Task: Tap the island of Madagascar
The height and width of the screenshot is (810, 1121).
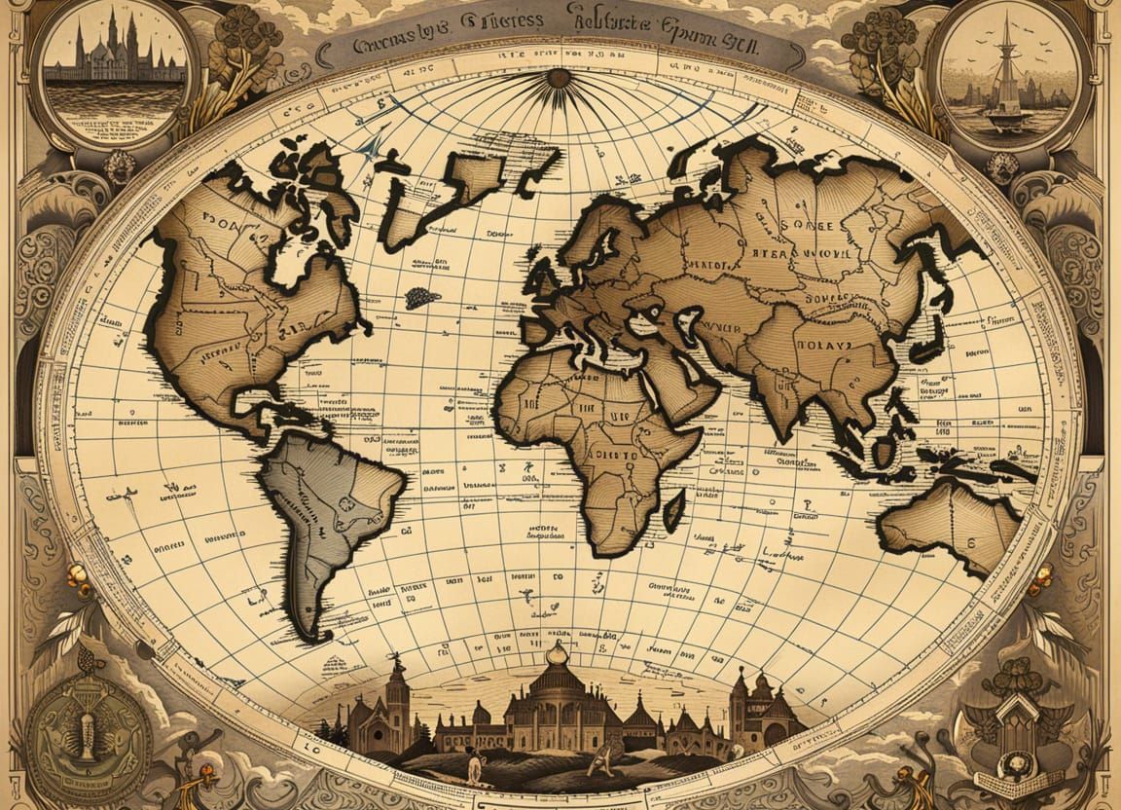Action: pyautogui.click(x=672, y=508)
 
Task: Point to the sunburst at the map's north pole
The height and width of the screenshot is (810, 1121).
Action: pyautogui.click(x=559, y=79)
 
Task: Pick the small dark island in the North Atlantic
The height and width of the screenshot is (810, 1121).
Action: pyautogui.click(x=421, y=297)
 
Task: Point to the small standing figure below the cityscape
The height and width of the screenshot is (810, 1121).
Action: pyautogui.click(x=474, y=767)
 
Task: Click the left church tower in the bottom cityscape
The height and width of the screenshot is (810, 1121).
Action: pyautogui.click(x=397, y=696)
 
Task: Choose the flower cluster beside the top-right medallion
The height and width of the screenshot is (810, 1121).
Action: pyautogui.click(x=881, y=44)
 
